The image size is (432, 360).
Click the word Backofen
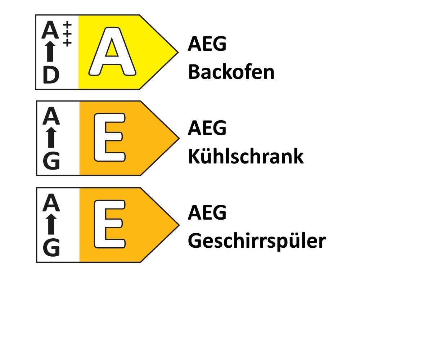(231, 72)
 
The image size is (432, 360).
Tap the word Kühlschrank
(246, 156)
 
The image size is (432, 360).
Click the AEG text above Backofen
(207, 44)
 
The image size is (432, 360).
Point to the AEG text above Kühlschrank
(207, 128)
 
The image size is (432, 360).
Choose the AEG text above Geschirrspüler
(207, 212)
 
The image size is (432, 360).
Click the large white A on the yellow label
(112, 51)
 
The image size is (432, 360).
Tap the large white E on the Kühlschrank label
(110, 138)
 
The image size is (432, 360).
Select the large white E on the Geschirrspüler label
(110, 224)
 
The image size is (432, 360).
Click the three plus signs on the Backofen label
(67, 34)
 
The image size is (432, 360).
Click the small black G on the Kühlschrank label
(51, 161)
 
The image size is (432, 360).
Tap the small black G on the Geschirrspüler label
(51, 247)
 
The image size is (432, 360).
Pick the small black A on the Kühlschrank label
(51, 116)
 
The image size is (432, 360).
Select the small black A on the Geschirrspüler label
(51, 202)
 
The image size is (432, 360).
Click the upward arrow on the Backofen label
(50, 51)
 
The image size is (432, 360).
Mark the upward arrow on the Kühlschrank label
(51, 138)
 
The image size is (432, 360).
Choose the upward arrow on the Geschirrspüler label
(51, 224)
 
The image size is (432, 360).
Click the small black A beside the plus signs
(50, 30)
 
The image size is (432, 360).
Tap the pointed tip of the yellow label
(178, 52)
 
